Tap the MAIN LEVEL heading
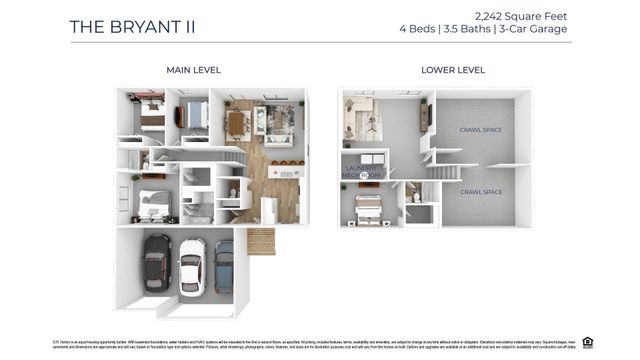[x=193, y=70]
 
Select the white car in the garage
[x=191, y=266]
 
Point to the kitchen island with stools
[x=285, y=172]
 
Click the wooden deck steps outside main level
[x=261, y=241]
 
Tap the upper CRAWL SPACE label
[x=479, y=130]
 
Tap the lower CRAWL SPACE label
[x=479, y=192]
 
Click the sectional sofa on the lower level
[x=360, y=118]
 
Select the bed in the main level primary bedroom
[x=154, y=203]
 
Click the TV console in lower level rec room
[x=425, y=118]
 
